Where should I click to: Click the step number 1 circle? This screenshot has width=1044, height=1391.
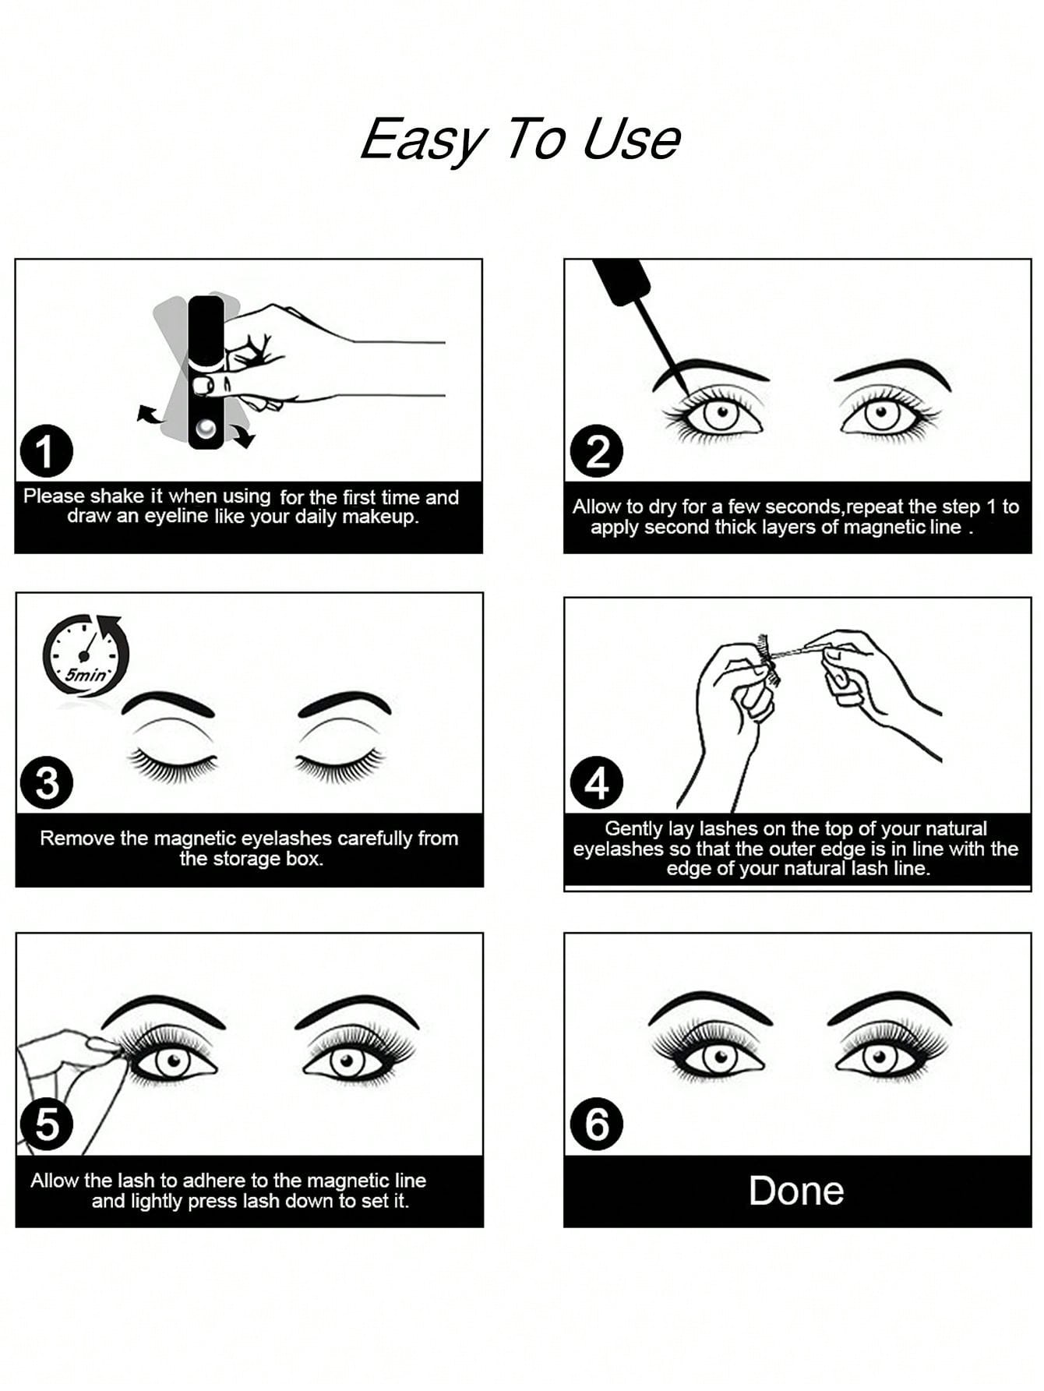(x=46, y=451)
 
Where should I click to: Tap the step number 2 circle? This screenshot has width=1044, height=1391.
(x=597, y=451)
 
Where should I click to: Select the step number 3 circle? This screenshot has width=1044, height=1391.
(x=47, y=783)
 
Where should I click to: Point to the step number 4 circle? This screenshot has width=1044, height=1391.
(x=597, y=783)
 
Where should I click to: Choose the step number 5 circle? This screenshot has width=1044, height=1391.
(x=47, y=1124)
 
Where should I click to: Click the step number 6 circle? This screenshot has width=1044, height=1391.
(x=597, y=1124)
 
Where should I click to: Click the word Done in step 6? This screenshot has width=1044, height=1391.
(x=796, y=1191)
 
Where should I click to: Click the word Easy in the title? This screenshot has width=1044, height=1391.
(x=424, y=141)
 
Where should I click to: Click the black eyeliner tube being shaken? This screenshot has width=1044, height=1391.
(x=206, y=372)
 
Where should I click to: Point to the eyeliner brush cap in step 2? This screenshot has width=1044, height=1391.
(x=622, y=281)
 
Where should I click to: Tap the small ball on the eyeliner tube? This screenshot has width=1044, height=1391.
(x=206, y=429)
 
